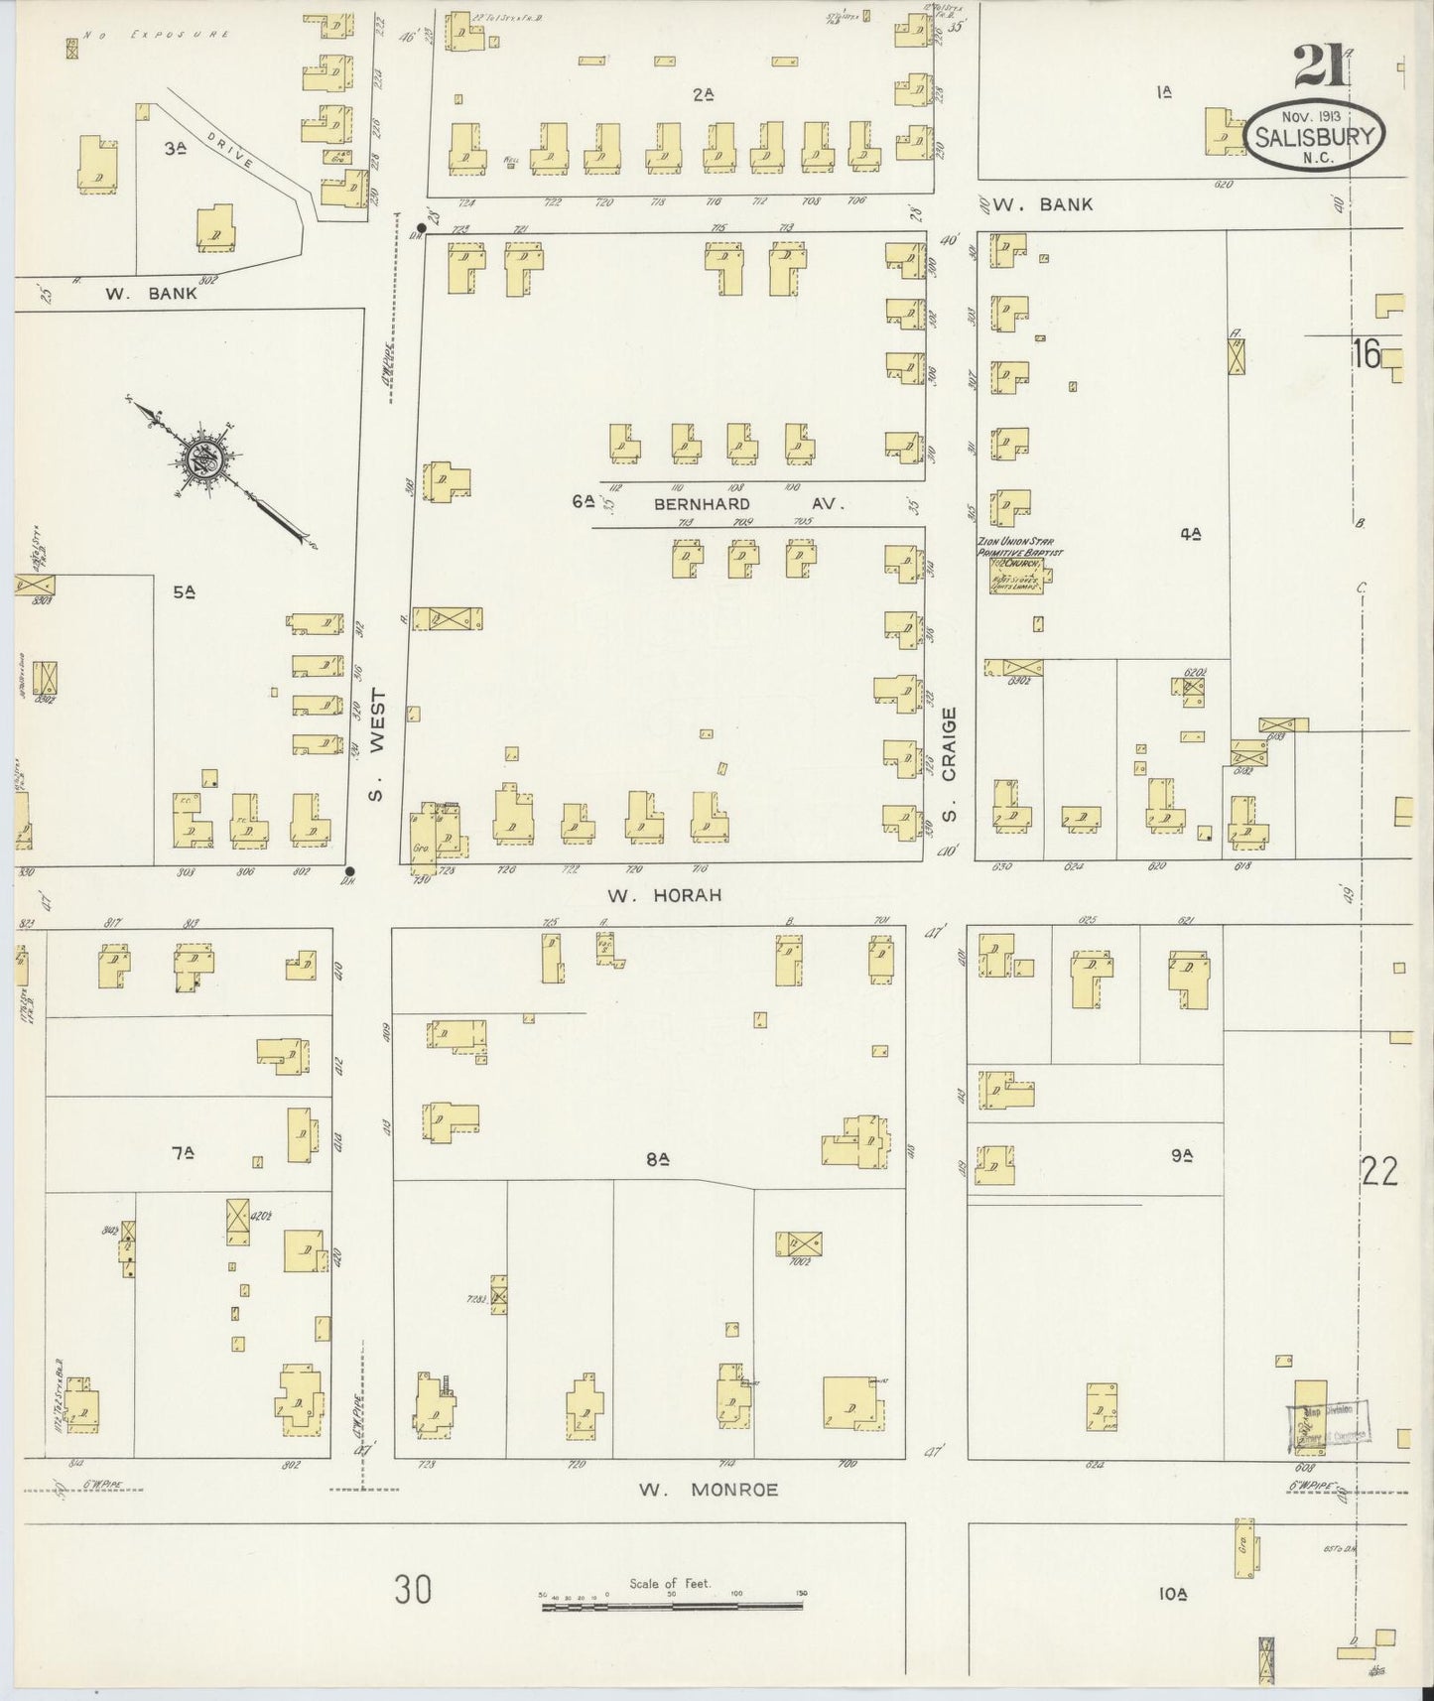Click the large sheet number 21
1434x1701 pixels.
point(1319,70)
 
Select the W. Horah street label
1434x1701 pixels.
point(664,895)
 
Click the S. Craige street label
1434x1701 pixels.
point(950,764)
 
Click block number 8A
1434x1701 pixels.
point(660,1157)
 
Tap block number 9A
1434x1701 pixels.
point(1180,1155)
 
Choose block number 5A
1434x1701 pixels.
point(185,592)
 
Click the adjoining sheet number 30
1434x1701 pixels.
point(414,1590)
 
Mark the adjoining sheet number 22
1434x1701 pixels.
point(1380,1173)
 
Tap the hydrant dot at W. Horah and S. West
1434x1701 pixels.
point(349,871)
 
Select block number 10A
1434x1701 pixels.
point(1172,1594)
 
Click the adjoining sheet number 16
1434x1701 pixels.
point(1367,353)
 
